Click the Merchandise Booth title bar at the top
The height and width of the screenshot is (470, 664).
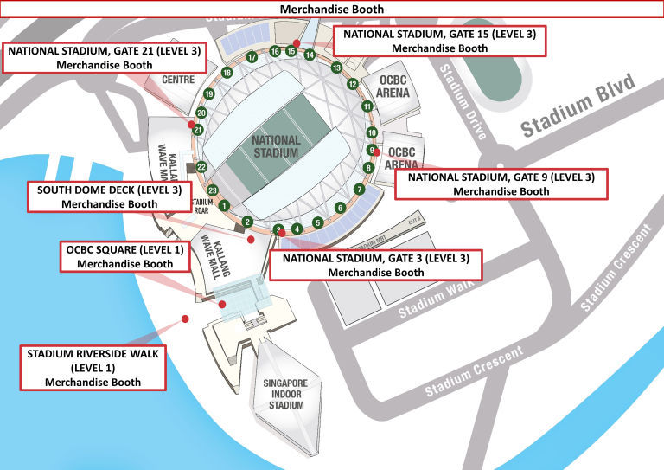[x=332, y=9]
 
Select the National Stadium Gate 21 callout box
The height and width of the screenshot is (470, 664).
[x=104, y=57]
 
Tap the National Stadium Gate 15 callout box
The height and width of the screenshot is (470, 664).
[x=439, y=42]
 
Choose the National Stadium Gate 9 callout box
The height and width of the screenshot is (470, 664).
[x=501, y=183]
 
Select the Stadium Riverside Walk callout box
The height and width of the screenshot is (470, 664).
[x=93, y=368]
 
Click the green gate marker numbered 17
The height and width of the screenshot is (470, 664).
[x=252, y=57]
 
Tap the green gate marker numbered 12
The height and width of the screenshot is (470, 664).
[x=353, y=84]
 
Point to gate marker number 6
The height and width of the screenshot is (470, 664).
[x=340, y=208]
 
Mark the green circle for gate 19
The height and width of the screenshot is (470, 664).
[x=208, y=93]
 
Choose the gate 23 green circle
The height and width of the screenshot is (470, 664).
[x=211, y=190]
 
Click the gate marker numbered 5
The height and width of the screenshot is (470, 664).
[x=318, y=222]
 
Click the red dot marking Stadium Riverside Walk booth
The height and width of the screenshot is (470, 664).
[x=185, y=319]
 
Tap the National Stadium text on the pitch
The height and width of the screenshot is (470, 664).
[x=276, y=145]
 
